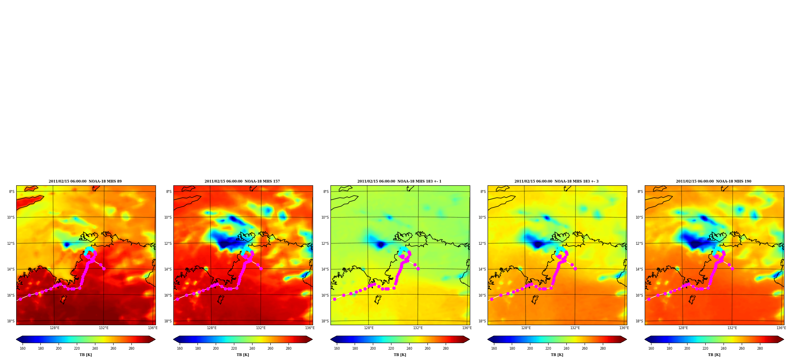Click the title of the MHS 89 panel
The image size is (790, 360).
click(85, 181)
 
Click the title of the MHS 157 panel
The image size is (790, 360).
click(242, 181)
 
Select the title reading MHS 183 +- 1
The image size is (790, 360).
click(399, 181)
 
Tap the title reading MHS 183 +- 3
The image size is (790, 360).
click(556, 181)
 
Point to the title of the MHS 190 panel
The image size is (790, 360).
click(714, 181)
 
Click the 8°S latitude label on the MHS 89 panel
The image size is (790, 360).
click(12, 192)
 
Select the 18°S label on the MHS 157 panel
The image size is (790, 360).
click(168, 321)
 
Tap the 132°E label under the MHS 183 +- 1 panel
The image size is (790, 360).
click(418, 328)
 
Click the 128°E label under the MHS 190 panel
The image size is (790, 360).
click(683, 328)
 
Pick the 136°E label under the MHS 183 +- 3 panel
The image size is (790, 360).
click(624, 328)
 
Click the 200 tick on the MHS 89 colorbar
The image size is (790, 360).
click(59, 349)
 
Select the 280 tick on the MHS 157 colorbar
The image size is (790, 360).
click(289, 349)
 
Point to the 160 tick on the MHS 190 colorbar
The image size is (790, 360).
click(651, 349)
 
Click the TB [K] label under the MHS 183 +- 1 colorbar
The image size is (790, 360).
click(400, 355)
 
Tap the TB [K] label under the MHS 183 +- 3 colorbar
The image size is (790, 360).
click(557, 355)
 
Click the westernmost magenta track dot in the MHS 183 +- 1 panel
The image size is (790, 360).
click(334, 299)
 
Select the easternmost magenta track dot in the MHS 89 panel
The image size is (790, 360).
click(104, 269)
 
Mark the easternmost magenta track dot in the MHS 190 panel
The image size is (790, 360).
click(732, 269)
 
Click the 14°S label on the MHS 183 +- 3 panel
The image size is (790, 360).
click(482, 269)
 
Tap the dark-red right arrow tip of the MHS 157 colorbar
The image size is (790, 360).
click(312, 339)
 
